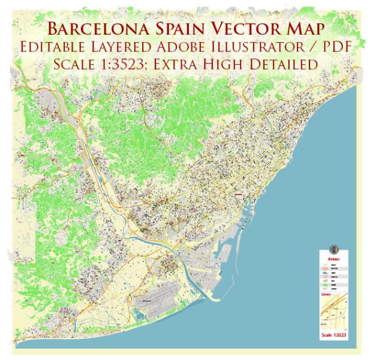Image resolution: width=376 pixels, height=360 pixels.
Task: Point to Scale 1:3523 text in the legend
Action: [x=334, y=334]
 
